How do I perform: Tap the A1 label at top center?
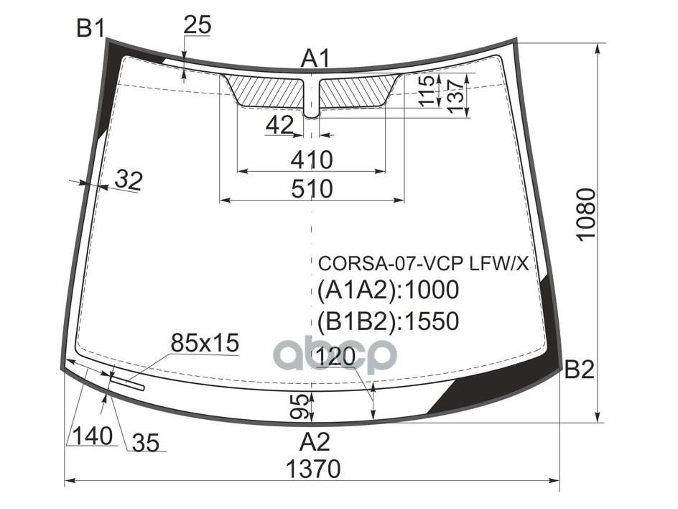pyautogui.click(x=314, y=58)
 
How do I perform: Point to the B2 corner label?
pyautogui.click(x=580, y=370)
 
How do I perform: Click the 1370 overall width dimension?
pyautogui.click(x=313, y=469)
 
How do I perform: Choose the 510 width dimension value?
pyautogui.click(x=312, y=189)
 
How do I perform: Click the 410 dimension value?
pyautogui.click(x=312, y=160)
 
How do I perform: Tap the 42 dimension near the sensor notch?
pyautogui.click(x=279, y=126)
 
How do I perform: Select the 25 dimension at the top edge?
pyautogui.click(x=198, y=26)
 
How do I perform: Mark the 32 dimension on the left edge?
pyautogui.click(x=129, y=180)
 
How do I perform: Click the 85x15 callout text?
pyautogui.click(x=205, y=344)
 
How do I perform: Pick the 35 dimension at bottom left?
pyautogui.click(x=145, y=444)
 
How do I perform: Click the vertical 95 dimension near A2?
pyautogui.click(x=304, y=406)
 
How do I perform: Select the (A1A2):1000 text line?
pyautogui.click(x=388, y=290)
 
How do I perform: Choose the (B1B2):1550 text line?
pyautogui.click(x=388, y=321)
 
